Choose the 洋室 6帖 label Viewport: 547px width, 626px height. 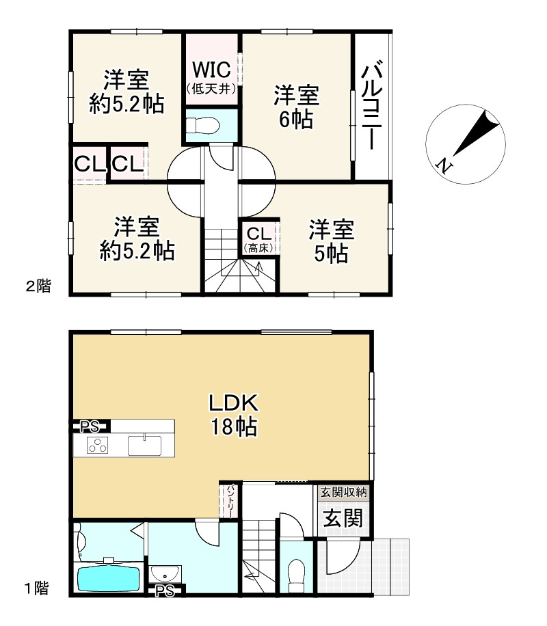point(295,107)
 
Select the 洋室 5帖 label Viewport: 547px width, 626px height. point(331,241)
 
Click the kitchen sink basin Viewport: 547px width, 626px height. point(144,445)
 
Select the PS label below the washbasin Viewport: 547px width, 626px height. point(164,590)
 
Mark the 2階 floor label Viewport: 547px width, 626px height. point(38,286)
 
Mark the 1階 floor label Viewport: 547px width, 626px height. point(38,588)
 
